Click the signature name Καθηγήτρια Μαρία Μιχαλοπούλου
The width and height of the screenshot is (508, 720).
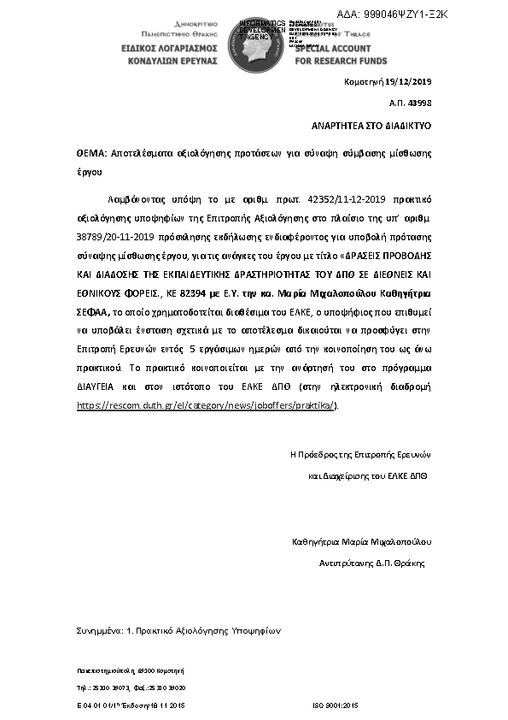tap(362, 541)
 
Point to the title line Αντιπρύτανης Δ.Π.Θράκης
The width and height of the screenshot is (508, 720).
tap(371, 564)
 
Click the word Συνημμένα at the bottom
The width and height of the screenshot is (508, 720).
tap(98, 630)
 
